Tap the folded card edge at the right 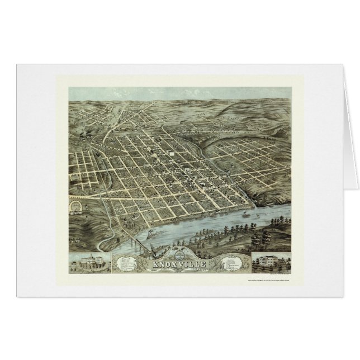click(352, 168)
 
